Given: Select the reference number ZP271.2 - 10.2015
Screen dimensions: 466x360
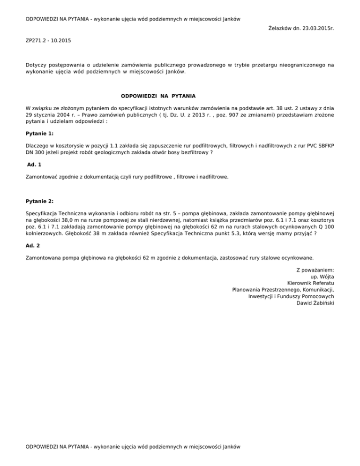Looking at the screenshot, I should pos(49,41).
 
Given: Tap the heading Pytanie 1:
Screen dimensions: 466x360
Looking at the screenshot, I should pos(39,133).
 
